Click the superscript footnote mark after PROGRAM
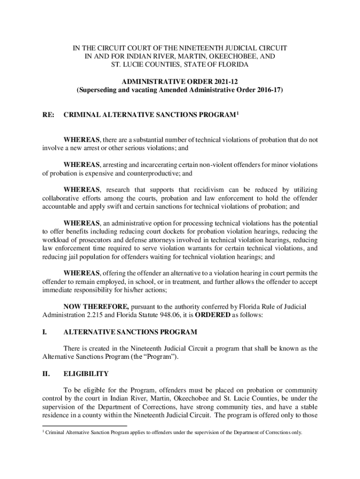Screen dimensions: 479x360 click(x=238, y=112)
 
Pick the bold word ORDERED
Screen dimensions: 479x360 click(x=212, y=315)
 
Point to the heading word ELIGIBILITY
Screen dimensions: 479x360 click(x=86, y=374)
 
